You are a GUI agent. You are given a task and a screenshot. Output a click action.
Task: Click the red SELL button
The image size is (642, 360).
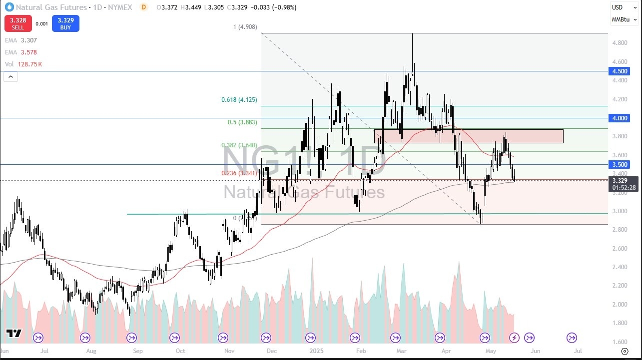(17, 23)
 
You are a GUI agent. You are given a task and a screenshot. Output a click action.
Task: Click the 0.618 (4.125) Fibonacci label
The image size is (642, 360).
(239, 100)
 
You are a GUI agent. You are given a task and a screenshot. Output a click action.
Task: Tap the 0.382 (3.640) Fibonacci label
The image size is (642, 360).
(239, 145)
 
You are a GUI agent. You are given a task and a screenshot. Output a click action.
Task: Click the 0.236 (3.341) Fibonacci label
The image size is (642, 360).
(239, 173)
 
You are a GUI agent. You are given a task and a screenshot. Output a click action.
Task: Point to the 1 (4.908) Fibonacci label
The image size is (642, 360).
(245, 27)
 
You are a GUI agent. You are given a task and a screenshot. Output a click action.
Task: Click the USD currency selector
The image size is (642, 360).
(618, 7)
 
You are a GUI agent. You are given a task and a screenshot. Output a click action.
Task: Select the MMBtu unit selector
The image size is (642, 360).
(620, 19)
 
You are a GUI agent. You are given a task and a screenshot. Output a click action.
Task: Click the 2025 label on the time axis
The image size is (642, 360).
(317, 351)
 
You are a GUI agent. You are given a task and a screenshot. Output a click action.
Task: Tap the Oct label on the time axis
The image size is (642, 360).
(180, 351)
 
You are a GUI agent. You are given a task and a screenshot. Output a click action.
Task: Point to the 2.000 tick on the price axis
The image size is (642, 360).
(620, 304)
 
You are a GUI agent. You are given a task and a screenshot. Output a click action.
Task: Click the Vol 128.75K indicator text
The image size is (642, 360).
(23, 64)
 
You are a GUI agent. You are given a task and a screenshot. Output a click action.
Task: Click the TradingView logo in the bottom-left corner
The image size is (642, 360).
(13, 334)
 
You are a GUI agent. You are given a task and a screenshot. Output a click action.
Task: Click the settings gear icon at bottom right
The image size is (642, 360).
(624, 351)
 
